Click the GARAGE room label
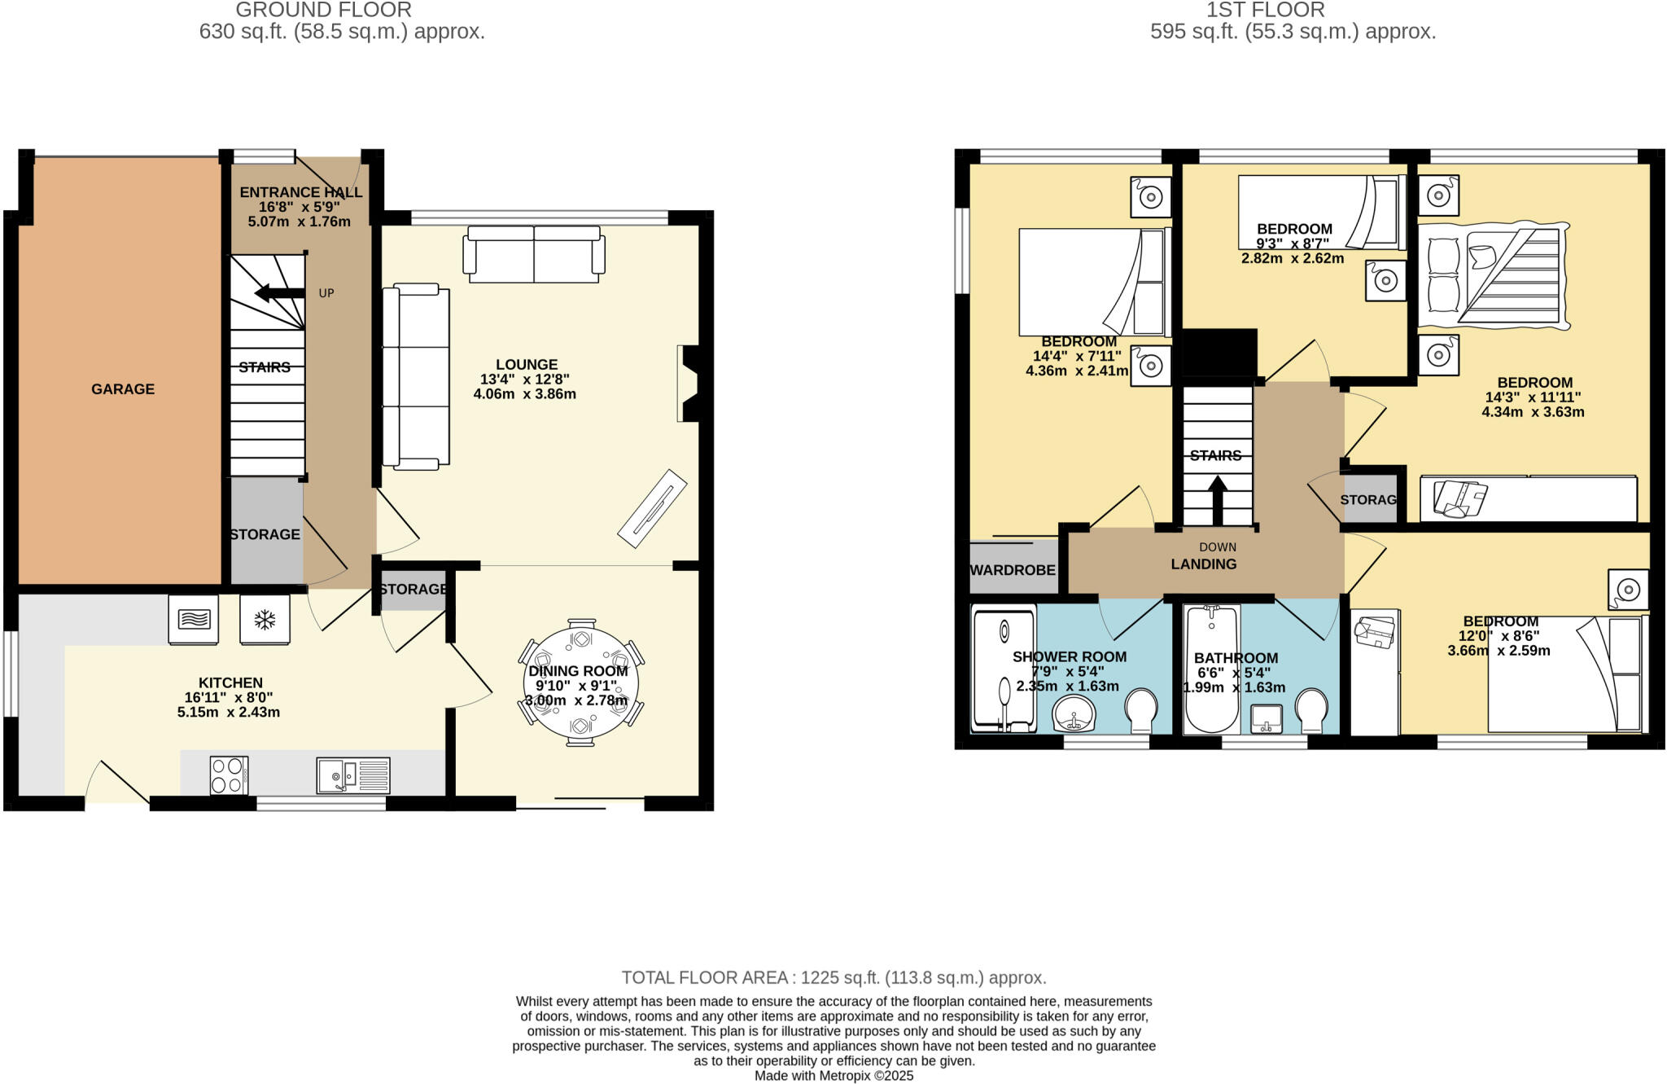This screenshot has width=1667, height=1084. pyautogui.click(x=123, y=389)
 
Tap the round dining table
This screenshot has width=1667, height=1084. pyautogui.click(x=580, y=684)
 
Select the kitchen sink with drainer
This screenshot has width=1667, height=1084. pyautogui.click(x=353, y=775)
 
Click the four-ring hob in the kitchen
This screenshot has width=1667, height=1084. pyautogui.click(x=229, y=775)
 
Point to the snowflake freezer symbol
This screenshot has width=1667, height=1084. pyautogui.click(x=265, y=620)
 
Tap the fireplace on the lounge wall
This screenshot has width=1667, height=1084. pyautogui.click(x=688, y=384)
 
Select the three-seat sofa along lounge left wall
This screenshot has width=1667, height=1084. pyautogui.click(x=416, y=377)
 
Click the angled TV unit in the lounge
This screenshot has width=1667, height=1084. pyautogui.click(x=652, y=508)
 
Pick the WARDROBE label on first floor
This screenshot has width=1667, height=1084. pyautogui.click(x=1013, y=570)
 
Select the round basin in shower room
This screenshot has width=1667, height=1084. pyautogui.click(x=1074, y=715)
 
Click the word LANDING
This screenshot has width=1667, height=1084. pyautogui.click(x=1204, y=564)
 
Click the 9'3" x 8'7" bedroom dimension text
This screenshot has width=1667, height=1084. pyautogui.click(x=1293, y=244)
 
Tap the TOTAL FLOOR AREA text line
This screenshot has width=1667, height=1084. pyautogui.click(x=833, y=977)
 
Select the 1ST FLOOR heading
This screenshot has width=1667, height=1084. pyautogui.click(x=1293, y=11)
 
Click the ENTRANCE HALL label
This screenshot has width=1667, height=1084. pyautogui.click(x=301, y=192)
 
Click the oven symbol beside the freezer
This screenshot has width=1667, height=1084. pyautogui.click(x=194, y=620)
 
